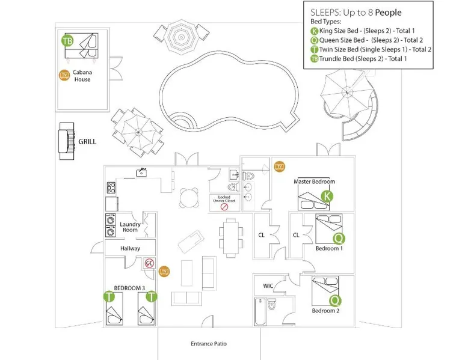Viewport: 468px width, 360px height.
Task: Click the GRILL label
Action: (x=87, y=142)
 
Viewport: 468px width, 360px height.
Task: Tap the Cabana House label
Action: (x=82, y=76)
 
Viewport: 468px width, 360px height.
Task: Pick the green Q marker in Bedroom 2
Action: (x=335, y=300)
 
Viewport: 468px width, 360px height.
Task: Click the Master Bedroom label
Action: (x=314, y=182)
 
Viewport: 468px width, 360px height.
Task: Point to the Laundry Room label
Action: (x=130, y=227)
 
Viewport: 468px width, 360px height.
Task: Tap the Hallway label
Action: (x=130, y=248)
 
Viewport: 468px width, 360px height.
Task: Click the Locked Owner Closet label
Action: (x=224, y=199)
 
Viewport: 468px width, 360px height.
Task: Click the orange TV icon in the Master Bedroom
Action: (x=279, y=166)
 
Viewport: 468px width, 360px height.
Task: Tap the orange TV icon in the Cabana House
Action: (x=63, y=76)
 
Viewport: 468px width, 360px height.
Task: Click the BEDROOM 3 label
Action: (x=129, y=288)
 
